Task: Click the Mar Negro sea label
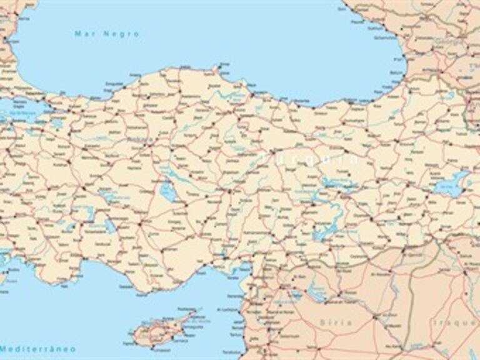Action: [107, 34]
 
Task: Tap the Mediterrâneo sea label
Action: [37, 348]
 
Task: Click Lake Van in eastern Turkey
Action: [451, 184]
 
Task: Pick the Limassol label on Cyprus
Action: [147, 342]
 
